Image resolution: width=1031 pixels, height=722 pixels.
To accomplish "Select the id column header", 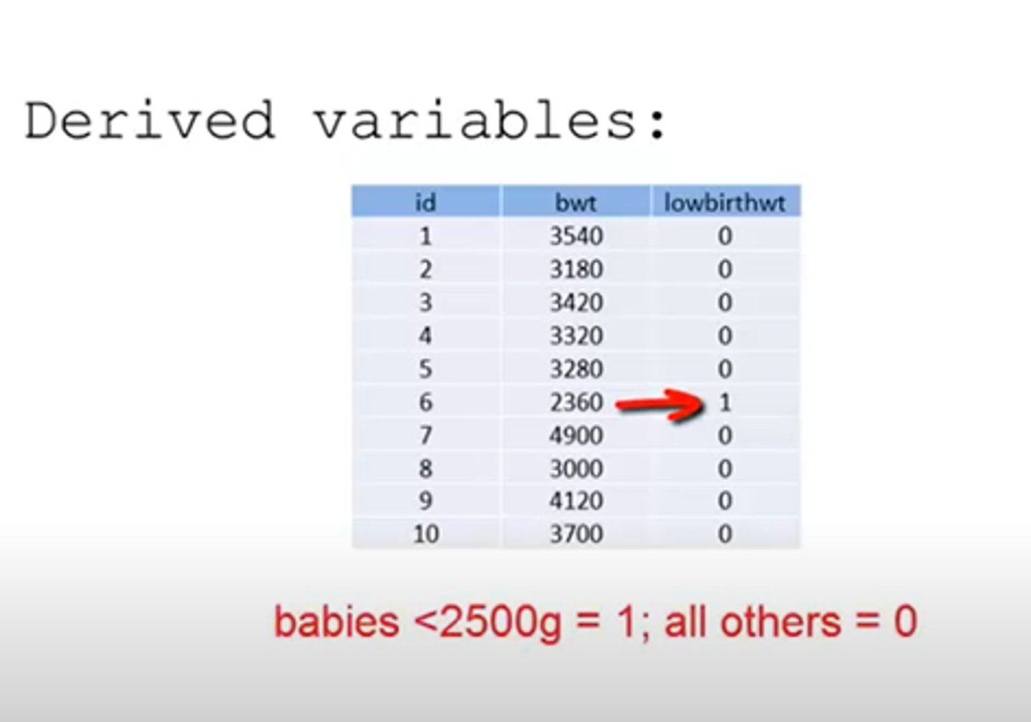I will pyautogui.click(x=425, y=203).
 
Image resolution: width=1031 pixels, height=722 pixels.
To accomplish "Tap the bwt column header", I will pyautogui.click(x=576, y=203).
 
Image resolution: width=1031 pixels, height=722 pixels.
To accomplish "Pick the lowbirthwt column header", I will pyautogui.click(x=725, y=203).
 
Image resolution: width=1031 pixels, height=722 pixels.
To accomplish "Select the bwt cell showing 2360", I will pyautogui.click(x=576, y=402).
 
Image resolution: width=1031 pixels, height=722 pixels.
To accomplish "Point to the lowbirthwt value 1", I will pyautogui.click(x=725, y=402).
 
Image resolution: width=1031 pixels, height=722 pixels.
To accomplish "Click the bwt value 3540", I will pyautogui.click(x=576, y=236).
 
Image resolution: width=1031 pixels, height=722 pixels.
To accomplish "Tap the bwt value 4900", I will pyautogui.click(x=576, y=435).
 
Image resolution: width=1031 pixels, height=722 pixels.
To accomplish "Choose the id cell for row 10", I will pyautogui.click(x=425, y=534).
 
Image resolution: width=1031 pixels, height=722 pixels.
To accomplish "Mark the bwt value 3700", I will pyautogui.click(x=576, y=534).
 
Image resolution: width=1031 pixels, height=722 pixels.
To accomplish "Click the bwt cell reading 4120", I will pyautogui.click(x=576, y=501).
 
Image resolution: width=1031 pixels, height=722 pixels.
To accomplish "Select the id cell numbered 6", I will pyautogui.click(x=425, y=402).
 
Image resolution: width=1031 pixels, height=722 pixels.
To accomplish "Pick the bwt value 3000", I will pyautogui.click(x=576, y=468).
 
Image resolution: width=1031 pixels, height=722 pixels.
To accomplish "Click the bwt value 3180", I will pyautogui.click(x=576, y=269).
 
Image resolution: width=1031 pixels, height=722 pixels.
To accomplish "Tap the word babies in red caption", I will pyautogui.click(x=337, y=622).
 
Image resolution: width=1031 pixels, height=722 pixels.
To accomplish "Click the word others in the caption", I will pyautogui.click(x=780, y=622).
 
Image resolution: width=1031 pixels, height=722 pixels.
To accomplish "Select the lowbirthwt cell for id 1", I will pyautogui.click(x=725, y=236).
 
